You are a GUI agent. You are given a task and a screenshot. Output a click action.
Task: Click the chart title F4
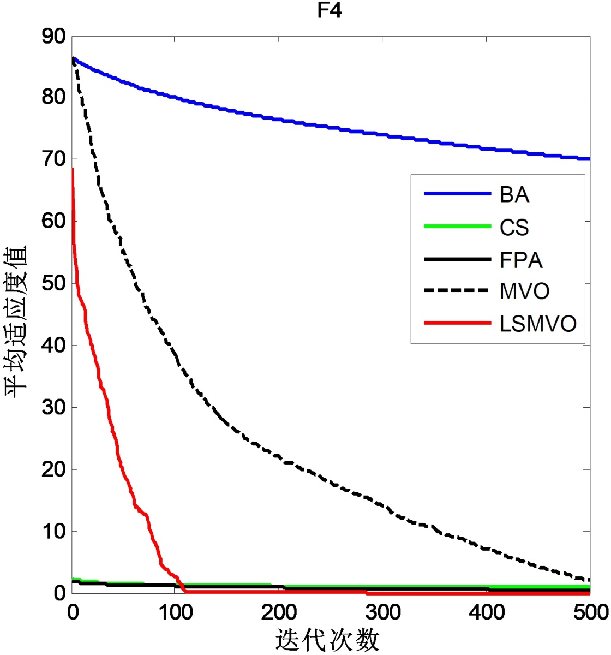pyautogui.click(x=330, y=10)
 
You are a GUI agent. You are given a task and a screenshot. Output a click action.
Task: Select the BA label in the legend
pyautogui.click(x=514, y=195)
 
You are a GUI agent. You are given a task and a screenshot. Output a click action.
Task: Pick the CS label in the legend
pyautogui.click(x=514, y=228)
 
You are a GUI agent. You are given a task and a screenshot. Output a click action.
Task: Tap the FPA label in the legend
pyautogui.click(x=521, y=260)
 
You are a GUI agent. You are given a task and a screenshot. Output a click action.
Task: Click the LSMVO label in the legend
pyautogui.click(x=537, y=324)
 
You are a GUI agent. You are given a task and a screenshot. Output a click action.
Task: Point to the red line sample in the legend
pyautogui.click(x=457, y=323)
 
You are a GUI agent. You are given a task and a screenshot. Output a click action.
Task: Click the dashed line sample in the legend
pyautogui.click(x=457, y=290)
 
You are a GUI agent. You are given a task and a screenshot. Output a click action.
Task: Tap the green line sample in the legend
pyautogui.click(x=457, y=226)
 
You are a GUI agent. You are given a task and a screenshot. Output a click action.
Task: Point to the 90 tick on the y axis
pyautogui.click(x=53, y=37)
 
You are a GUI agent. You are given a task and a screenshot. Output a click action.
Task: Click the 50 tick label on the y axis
pyautogui.click(x=53, y=283)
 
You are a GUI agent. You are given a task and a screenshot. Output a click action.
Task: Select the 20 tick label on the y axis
pyautogui.click(x=53, y=469)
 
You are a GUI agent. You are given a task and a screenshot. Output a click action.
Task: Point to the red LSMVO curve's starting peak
pyautogui.click(x=73, y=169)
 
